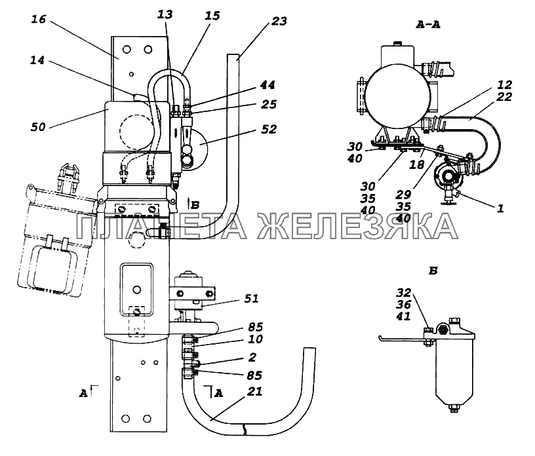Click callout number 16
38,19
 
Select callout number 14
37,60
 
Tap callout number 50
38,127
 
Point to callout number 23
279,21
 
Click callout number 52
269,129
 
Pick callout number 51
252,299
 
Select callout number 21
254,391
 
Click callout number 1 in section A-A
500,208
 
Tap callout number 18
416,164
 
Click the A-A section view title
428,24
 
